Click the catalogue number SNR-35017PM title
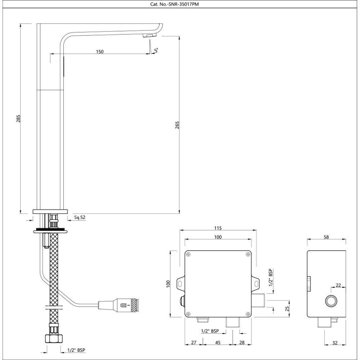tap(180, 4)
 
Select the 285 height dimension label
tap(18, 118)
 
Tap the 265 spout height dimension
tap(177, 124)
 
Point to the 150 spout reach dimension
tap(99, 51)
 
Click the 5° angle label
tap(156, 50)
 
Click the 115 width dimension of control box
tap(218, 228)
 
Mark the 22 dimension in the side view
tap(338, 286)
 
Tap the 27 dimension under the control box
tap(194, 343)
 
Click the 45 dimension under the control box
tap(217, 343)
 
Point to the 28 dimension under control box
tap(242, 343)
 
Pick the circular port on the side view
tap(331, 301)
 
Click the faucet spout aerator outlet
tap(150, 35)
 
